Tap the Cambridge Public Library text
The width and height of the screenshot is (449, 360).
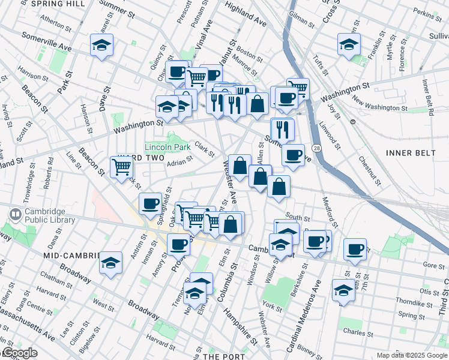point(49,216)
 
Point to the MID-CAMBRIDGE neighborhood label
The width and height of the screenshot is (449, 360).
point(71,256)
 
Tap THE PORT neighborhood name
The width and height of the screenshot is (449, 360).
point(224,356)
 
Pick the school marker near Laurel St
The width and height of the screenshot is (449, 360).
point(102,44)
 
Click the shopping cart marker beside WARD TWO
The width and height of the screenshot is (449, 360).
point(122,166)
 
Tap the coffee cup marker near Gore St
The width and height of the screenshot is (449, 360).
point(355,248)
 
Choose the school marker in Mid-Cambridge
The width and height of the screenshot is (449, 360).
point(110,263)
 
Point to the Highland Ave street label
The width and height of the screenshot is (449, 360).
point(246,13)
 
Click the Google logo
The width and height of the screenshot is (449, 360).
point(19,353)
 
